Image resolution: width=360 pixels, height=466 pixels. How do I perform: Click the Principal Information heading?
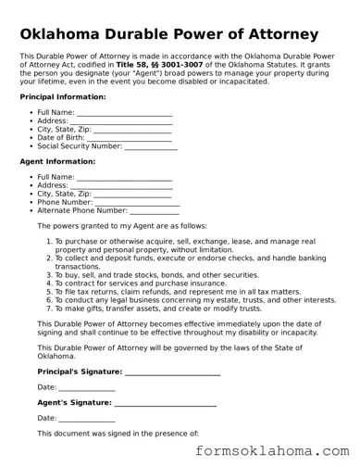tap(62, 96)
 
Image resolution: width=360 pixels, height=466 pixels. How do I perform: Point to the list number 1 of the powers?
tap(48, 241)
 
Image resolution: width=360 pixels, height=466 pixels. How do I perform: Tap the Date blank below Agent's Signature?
tap(87, 419)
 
